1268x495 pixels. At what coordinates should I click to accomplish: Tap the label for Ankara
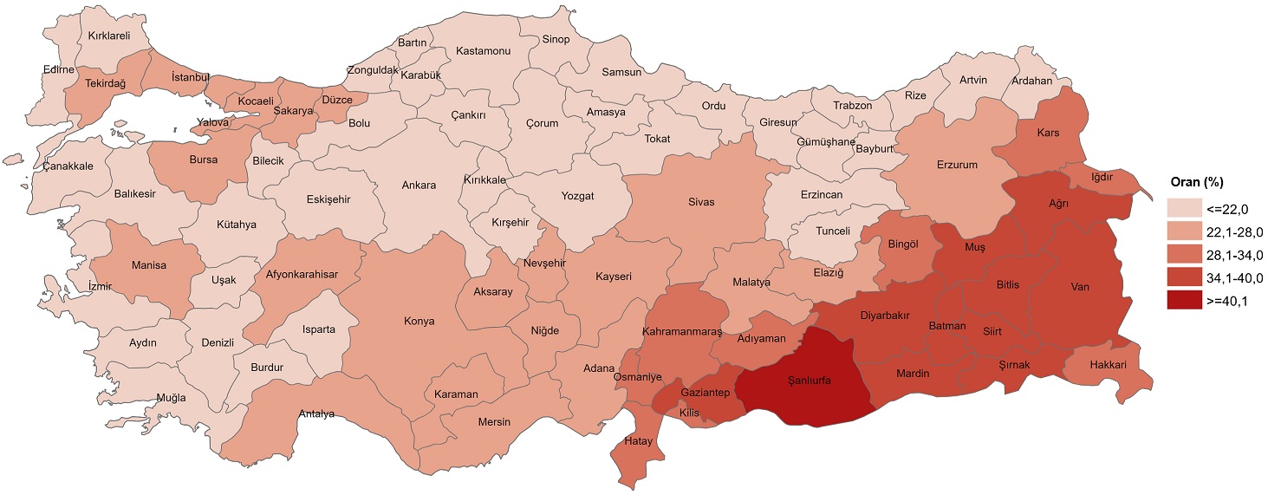(x=419, y=185)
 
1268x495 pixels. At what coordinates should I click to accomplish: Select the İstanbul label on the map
(x=191, y=77)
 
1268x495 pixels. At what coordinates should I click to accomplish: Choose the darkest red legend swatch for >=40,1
(x=1181, y=302)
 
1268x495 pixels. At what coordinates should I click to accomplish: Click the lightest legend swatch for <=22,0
(x=1181, y=208)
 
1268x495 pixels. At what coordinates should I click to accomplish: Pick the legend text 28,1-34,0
(x=1233, y=255)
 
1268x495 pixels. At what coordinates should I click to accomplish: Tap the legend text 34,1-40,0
(x=1233, y=278)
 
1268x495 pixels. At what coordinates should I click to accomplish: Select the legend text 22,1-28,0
(x=1233, y=231)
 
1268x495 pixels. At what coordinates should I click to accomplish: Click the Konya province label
(x=419, y=321)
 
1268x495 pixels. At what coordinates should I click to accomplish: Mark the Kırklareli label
(x=108, y=36)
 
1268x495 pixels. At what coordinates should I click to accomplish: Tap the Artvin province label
(x=972, y=80)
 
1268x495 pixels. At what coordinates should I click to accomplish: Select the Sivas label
(x=701, y=201)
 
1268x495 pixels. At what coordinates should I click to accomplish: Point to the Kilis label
(x=666, y=412)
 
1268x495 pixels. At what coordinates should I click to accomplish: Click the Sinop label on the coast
(x=556, y=39)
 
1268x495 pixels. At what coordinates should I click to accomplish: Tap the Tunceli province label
(x=833, y=231)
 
